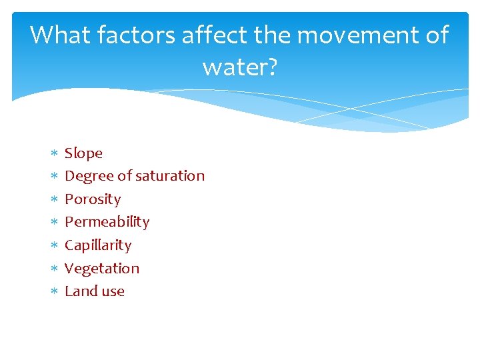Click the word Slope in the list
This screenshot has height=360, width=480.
[83, 153]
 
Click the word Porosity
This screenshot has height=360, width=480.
[93, 199]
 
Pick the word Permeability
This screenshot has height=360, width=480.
[107, 222]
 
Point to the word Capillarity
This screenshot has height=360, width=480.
[98, 245]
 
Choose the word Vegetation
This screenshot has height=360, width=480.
[102, 269]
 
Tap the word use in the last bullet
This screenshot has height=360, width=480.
[113, 291]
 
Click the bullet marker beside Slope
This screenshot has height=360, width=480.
[53, 154]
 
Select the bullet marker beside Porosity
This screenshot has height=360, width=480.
[53, 200]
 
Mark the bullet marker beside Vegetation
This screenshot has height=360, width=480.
[53, 269]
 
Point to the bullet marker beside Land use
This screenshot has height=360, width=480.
[53, 292]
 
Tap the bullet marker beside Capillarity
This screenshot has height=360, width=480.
[53, 246]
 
